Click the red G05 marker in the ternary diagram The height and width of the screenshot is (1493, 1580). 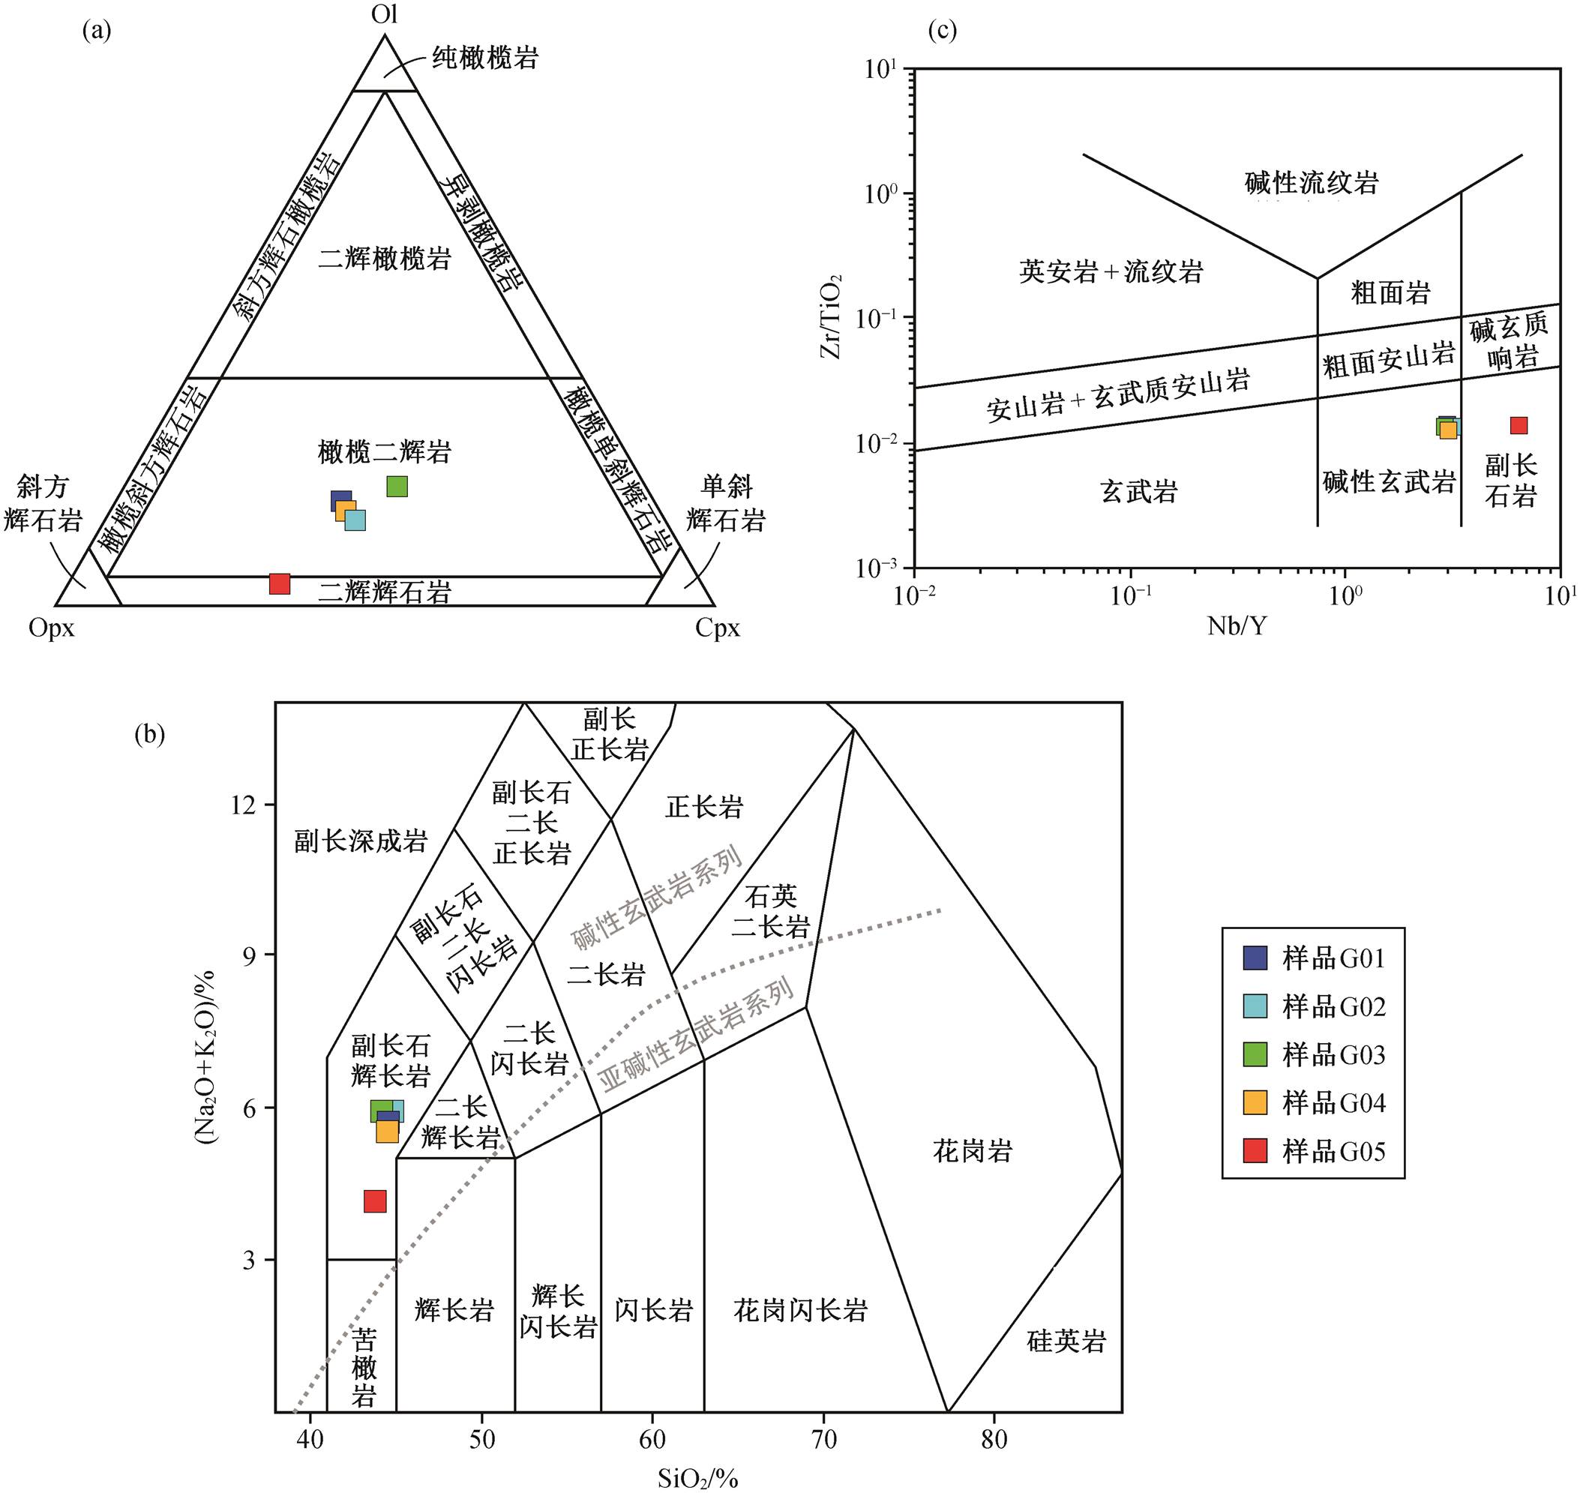[280, 583]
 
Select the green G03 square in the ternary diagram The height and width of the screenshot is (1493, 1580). [397, 486]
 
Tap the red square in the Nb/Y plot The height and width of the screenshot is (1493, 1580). [1519, 425]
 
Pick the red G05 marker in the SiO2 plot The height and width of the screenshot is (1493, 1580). [375, 1201]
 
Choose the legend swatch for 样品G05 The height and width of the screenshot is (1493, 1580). [1255, 1151]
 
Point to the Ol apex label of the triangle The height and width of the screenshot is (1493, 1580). [385, 15]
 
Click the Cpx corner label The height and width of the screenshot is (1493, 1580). [717, 628]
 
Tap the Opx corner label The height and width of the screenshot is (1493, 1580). [52, 628]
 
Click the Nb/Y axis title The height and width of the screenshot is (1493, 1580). [1237, 626]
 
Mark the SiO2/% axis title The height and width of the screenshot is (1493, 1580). [698, 1478]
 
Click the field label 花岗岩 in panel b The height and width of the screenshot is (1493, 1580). [973, 1151]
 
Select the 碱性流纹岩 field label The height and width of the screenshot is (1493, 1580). [1312, 182]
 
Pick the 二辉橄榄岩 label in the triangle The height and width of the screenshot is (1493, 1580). [385, 259]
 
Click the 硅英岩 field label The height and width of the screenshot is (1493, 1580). [1066, 1342]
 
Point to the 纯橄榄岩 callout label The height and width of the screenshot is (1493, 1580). [485, 57]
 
